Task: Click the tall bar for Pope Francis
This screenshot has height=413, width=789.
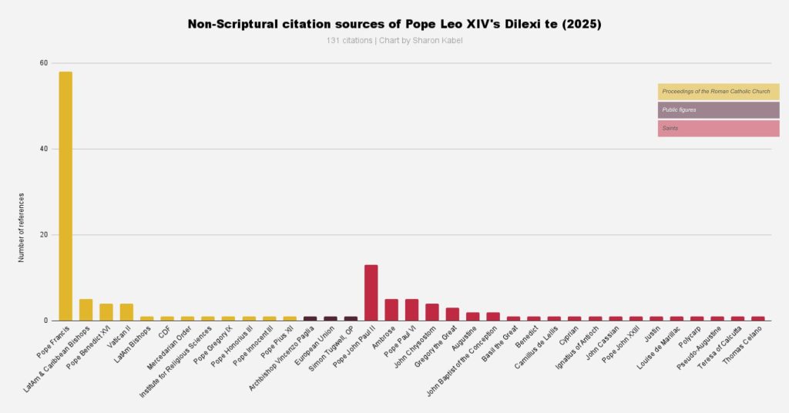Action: point(65,196)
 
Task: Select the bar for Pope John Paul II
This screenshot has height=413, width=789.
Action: point(371,293)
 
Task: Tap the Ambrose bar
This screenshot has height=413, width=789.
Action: point(391,310)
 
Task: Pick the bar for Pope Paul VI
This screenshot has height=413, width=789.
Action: point(411,310)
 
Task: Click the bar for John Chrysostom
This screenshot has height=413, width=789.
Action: point(432,312)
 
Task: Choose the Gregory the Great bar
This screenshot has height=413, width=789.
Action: point(452,314)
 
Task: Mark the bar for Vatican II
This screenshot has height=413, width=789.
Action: point(126,312)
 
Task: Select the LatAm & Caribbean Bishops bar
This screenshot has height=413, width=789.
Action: point(86,310)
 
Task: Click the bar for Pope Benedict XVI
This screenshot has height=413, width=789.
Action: point(106,312)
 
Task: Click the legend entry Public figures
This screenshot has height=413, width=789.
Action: point(718,110)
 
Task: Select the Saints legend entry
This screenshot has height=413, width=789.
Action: point(718,128)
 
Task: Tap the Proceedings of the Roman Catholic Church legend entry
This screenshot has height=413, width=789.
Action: point(718,92)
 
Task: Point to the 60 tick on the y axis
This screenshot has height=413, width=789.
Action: point(44,63)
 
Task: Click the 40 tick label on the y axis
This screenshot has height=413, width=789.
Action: point(44,149)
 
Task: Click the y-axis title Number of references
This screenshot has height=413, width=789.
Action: point(22,227)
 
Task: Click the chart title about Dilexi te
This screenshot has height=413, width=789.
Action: point(394,25)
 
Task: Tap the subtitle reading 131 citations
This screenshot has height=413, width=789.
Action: point(394,40)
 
